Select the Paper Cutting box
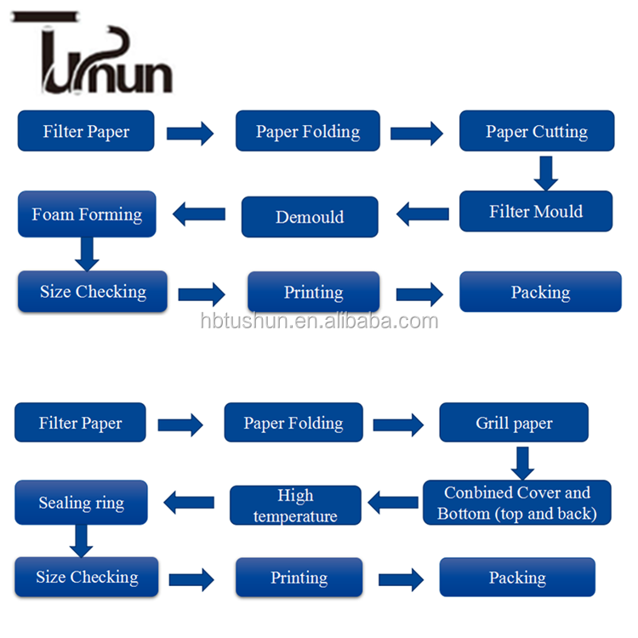point(537,131)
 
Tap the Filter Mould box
point(536,211)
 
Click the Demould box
point(310,217)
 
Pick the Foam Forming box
point(87,214)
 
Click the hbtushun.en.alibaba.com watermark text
point(320,322)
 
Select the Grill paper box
point(514,423)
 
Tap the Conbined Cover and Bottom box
point(517,503)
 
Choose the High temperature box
point(295,505)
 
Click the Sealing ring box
point(81,502)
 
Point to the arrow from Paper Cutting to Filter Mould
point(545,173)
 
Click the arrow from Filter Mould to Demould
point(423,214)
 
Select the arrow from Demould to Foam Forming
point(199,214)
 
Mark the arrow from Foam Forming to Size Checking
point(86,253)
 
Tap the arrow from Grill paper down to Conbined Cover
point(521,462)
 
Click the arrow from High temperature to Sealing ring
point(189,503)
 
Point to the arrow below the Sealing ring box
point(81,540)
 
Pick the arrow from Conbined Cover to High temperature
point(393,503)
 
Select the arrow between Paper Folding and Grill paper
point(398,423)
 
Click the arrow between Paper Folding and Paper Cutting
point(417,133)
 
